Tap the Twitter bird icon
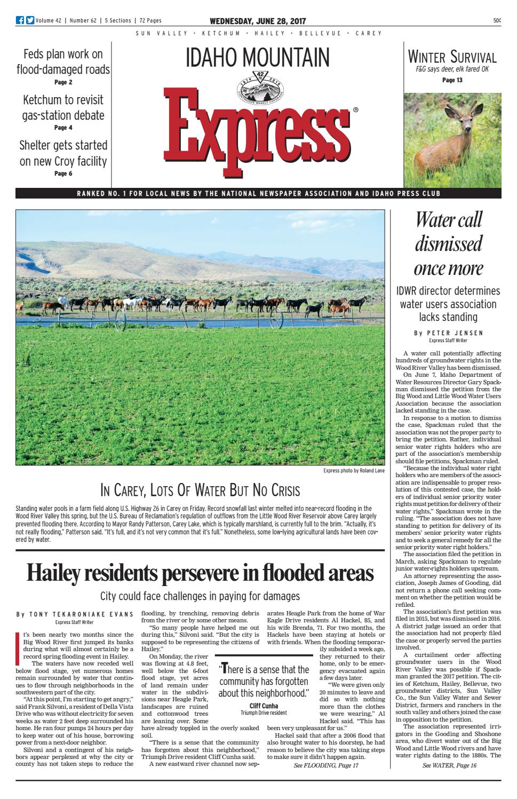30,21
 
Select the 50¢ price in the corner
497,21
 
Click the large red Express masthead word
258,122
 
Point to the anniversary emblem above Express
259,83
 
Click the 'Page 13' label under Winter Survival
452,81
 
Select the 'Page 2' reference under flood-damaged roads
63,82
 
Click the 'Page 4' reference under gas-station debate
63,128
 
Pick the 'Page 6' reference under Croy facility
63,173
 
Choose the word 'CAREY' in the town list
369,33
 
